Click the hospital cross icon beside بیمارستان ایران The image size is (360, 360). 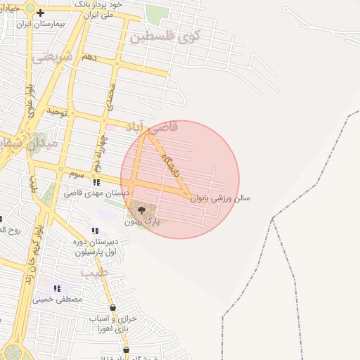(x=41, y=13)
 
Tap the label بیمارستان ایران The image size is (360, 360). (x=39, y=23)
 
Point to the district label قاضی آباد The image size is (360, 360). (x=151, y=127)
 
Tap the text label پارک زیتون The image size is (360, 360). (x=143, y=221)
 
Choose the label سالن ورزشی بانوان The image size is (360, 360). (x=219, y=198)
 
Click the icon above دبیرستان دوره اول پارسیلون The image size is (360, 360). (x=95, y=231)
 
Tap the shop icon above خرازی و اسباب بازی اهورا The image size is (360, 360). (x=112, y=307)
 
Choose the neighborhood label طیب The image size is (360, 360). (x=93, y=272)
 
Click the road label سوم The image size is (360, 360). (x=76, y=173)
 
